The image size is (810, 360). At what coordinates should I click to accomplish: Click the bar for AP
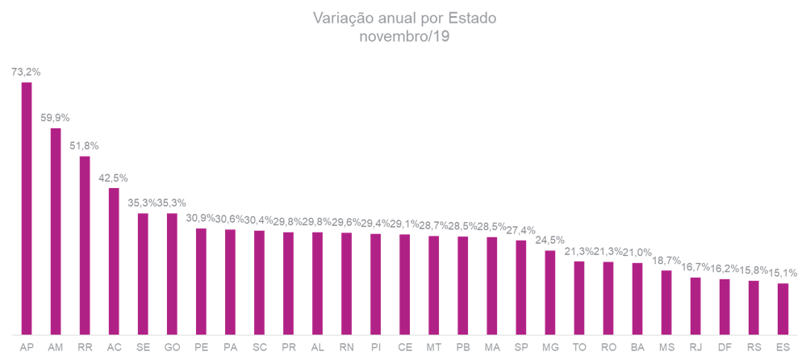coord(27,208)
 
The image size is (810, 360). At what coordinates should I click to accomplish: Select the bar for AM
coord(56,231)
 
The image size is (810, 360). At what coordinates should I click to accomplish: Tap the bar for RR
coord(85,245)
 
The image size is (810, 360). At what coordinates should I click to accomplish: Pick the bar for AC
coord(114,261)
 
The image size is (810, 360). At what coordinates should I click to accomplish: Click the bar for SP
coord(521,287)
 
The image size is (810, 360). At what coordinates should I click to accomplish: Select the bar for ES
coord(783,308)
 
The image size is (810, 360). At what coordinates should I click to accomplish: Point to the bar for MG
coord(550,292)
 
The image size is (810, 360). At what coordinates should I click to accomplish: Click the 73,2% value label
coord(26,72)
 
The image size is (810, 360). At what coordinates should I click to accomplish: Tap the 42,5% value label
coord(113,178)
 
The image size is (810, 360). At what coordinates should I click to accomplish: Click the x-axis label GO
coord(172,348)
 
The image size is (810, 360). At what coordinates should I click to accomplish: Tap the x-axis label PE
coord(201,348)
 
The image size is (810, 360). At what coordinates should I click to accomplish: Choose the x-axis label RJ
coord(695,348)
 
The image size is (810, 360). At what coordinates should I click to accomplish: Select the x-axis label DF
coord(724,348)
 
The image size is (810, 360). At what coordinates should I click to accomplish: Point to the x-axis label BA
coord(637,348)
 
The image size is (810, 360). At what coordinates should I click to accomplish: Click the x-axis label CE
coord(404,348)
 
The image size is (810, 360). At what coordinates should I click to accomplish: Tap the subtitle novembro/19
coord(404,36)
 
